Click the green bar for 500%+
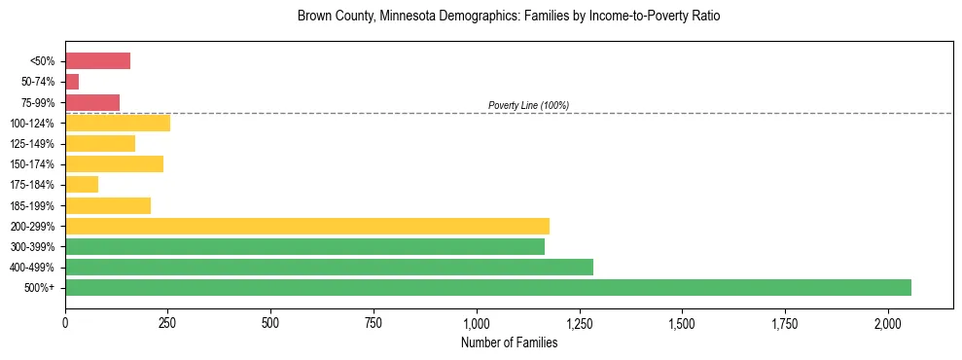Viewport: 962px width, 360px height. click(x=487, y=287)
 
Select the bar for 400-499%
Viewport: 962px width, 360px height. click(x=329, y=267)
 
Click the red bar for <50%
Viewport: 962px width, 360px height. click(x=97, y=61)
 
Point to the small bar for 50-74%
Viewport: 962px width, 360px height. click(x=72, y=82)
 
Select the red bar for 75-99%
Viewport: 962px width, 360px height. click(x=92, y=102)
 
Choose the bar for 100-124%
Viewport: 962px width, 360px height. click(x=118, y=123)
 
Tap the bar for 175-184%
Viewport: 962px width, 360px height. click(x=82, y=184)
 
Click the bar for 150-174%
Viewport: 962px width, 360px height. click(x=114, y=163)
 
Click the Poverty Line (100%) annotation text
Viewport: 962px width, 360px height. click(x=528, y=105)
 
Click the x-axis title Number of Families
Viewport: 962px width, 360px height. click(x=509, y=342)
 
